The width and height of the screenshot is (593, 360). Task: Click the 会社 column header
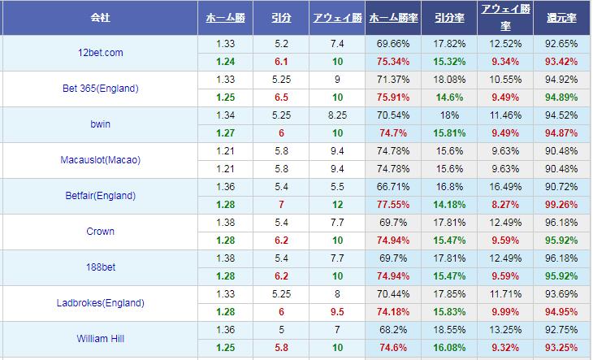click(x=101, y=16)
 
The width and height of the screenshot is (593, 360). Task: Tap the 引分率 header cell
click(x=450, y=16)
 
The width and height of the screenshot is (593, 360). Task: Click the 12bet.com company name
click(x=101, y=52)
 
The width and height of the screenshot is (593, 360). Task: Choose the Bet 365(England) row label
click(x=101, y=88)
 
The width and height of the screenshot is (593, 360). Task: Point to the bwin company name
click(x=101, y=124)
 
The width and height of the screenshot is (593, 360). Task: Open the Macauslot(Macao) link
click(x=101, y=160)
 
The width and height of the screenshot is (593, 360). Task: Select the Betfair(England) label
click(x=101, y=196)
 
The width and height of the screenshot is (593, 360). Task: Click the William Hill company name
click(x=101, y=339)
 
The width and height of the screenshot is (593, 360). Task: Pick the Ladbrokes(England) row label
click(x=101, y=303)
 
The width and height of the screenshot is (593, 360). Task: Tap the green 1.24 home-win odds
click(x=226, y=61)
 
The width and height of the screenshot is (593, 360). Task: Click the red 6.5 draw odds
click(x=282, y=97)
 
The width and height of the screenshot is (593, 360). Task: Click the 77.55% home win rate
click(x=394, y=205)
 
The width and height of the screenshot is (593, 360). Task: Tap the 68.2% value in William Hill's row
click(x=394, y=330)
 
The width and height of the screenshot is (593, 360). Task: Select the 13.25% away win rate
click(x=506, y=330)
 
